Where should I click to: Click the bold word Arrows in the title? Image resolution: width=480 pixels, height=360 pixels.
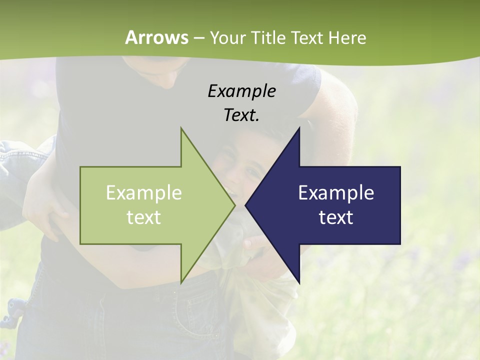(x=156, y=37)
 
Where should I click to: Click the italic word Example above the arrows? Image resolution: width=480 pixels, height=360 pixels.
(x=241, y=91)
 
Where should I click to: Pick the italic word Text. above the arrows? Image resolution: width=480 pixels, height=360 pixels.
(x=241, y=115)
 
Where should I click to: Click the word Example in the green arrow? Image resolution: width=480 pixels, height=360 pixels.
(x=143, y=193)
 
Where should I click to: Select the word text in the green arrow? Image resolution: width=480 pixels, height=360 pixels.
(x=143, y=217)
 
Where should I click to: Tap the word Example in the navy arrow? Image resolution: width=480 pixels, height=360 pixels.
(x=336, y=193)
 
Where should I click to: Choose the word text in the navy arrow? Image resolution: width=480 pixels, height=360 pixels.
(x=336, y=217)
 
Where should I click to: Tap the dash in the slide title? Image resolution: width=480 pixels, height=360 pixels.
(x=198, y=38)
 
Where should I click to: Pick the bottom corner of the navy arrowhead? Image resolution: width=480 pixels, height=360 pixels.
(x=299, y=282)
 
